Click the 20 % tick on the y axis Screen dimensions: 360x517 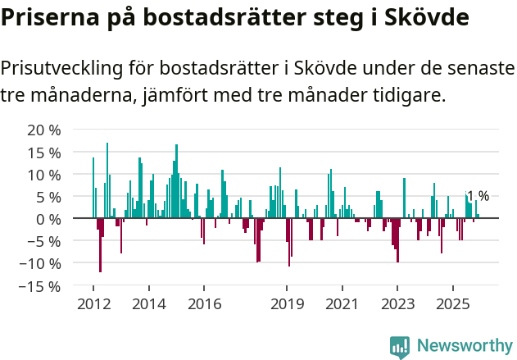[44, 130]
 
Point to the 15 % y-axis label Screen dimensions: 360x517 [44, 153]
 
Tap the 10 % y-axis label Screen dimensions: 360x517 [44, 175]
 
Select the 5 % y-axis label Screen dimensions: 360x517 [48, 197]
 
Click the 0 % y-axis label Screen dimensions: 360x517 [48, 219]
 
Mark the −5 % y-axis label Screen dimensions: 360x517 [44, 241]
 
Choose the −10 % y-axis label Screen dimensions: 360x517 [40, 263]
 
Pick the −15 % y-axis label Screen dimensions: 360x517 [40, 286]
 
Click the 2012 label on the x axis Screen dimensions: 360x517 [93, 303]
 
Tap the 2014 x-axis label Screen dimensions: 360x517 [148, 303]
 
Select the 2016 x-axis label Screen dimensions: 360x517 [204, 303]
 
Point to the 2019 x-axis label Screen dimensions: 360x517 [287, 303]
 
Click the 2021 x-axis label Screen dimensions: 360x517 [342, 303]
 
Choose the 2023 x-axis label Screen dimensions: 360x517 [397, 303]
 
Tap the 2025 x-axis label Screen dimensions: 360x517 [453, 303]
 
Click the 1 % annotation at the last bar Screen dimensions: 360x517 [478, 196]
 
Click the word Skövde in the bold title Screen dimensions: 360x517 [426, 18]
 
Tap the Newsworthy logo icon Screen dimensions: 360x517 [400, 346]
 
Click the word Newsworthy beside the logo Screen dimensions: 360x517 [465, 346]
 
